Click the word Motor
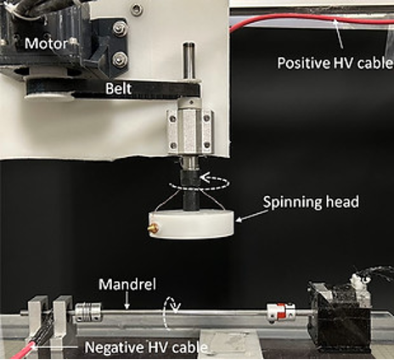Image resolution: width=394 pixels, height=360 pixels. click(47, 43)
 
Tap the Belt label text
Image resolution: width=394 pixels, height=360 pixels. click(119, 88)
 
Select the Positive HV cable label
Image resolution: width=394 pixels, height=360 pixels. click(335, 63)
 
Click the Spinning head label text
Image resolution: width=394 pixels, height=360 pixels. click(311, 202)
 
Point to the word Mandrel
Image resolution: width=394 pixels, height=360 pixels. click(127, 284)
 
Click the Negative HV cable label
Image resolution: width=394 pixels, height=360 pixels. click(146, 347)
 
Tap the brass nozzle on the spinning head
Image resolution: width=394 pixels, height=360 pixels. click(154, 227)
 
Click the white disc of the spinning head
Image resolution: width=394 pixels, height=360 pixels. click(191, 224)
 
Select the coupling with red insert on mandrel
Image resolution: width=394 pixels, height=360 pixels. click(281, 313)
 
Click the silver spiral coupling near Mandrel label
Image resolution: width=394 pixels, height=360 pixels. click(87, 312)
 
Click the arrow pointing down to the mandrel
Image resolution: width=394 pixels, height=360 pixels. click(127, 300)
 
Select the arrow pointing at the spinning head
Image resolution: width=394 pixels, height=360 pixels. click(251, 216)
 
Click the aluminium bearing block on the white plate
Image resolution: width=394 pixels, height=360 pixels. click(190, 129)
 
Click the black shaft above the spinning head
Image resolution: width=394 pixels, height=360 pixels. click(190, 189)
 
